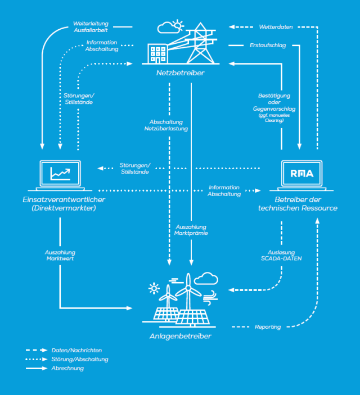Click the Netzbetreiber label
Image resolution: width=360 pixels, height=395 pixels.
[181, 72]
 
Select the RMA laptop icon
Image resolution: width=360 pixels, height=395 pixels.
[299, 175]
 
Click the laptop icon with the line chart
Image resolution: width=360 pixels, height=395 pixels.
[60, 175]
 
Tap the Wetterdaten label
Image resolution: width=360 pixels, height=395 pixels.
[276, 26]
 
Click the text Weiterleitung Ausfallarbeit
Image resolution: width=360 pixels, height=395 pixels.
[91, 28]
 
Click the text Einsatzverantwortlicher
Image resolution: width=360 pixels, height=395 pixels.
[60, 199]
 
